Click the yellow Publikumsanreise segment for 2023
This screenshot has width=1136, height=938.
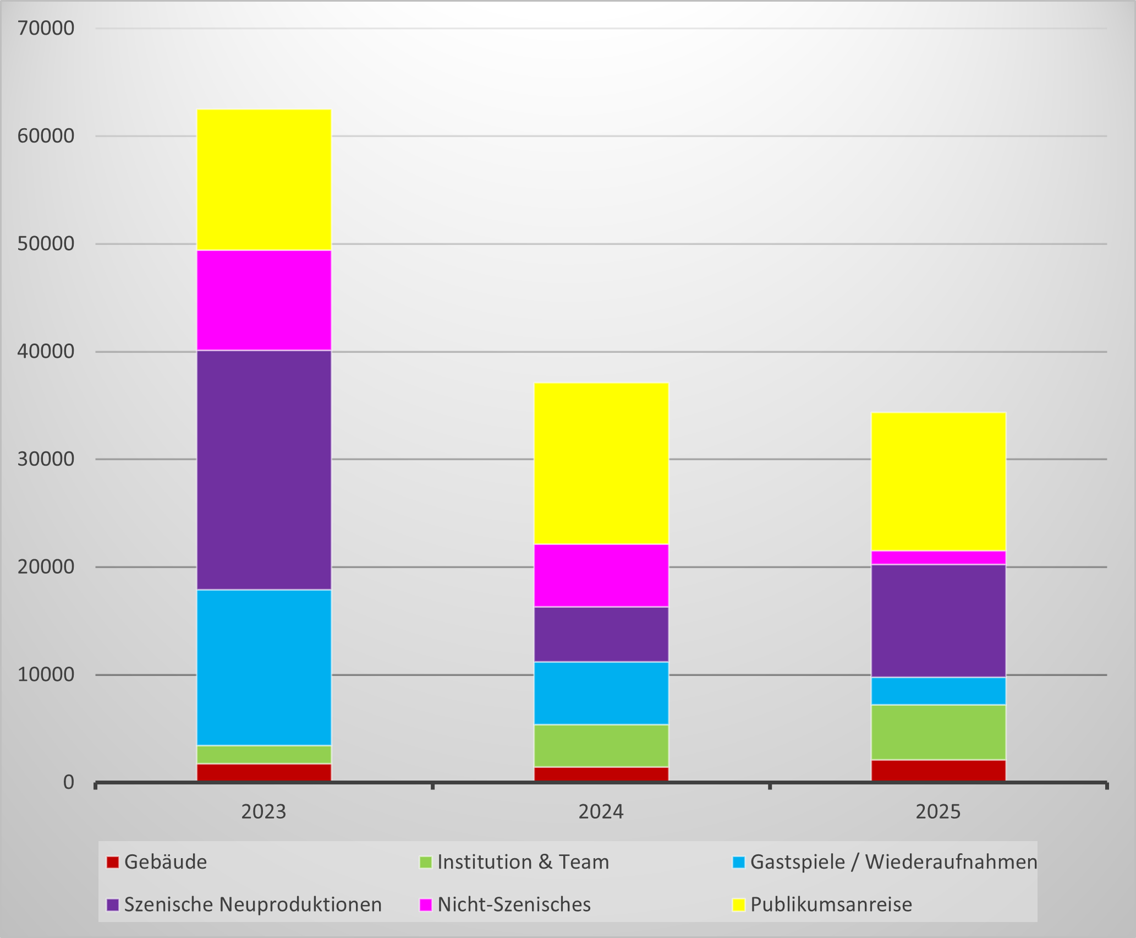coord(264,180)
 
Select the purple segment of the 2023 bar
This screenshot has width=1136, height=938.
coord(264,470)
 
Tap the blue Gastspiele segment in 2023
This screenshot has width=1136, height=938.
coord(264,668)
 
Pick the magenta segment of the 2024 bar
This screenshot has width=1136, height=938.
coord(601,576)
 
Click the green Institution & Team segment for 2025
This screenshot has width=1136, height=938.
coord(939,732)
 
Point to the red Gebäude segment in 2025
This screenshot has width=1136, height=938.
coord(939,771)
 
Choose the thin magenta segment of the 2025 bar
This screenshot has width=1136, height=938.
coord(939,558)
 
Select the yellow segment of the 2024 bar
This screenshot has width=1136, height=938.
coord(601,463)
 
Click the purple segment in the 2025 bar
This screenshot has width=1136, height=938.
coord(939,621)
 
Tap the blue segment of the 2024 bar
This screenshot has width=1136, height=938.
coord(601,693)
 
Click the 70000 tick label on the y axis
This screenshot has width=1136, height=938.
coord(46,28)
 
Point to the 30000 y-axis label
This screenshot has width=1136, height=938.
coord(46,459)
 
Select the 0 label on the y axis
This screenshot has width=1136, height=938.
coord(68,782)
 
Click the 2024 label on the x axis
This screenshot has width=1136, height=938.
coord(601,812)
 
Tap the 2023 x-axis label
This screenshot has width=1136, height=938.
coord(264,812)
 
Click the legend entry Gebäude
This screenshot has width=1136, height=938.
coord(157,862)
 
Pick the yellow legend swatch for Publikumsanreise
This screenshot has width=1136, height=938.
coord(739,904)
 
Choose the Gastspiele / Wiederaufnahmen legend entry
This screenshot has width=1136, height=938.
coord(885,862)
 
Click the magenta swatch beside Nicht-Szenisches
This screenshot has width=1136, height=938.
coord(425,904)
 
